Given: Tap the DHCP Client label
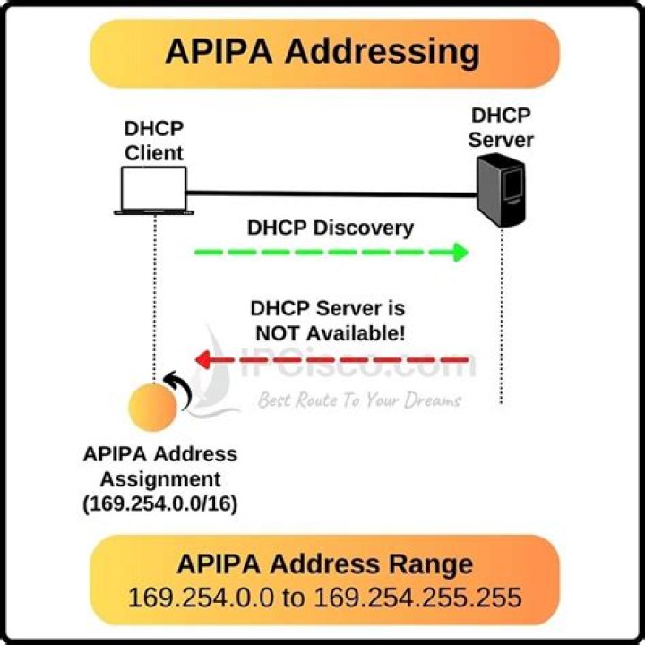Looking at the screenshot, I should coord(153,140).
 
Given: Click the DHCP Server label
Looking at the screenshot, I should coord(502,127).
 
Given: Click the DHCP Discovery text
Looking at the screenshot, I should coord(331,228).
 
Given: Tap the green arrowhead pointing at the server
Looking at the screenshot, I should coord(460,252).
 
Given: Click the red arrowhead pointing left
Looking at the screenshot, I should coord(203,360).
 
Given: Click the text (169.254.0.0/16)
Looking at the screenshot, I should coord(160,503).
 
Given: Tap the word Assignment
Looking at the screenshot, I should coord(160,478).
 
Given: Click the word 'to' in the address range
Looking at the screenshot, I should coord(294,595).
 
